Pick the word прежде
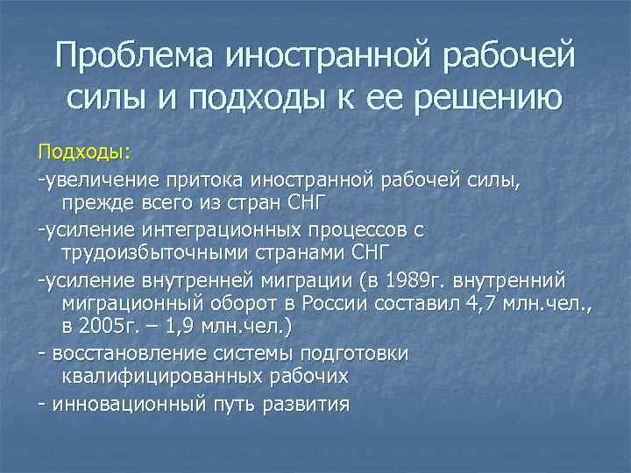(x=92, y=204)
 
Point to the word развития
(x=306, y=404)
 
